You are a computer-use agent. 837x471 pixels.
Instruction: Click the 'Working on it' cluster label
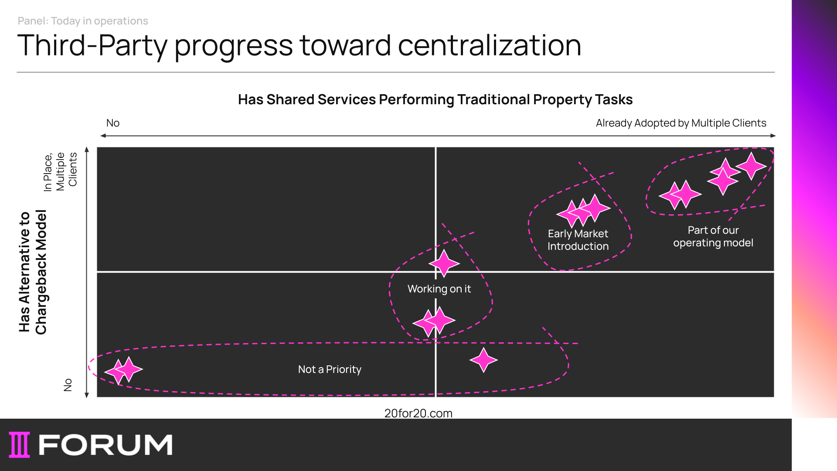(439, 289)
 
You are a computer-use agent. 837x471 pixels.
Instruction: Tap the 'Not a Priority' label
(330, 369)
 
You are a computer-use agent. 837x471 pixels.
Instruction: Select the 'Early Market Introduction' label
(578, 240)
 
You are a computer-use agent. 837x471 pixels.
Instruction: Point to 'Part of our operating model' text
(713, 236)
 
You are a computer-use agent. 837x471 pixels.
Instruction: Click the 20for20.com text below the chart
(418, 413)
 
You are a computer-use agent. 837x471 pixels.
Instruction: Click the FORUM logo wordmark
(105, 445)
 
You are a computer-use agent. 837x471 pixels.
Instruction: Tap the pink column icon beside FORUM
(20, 445)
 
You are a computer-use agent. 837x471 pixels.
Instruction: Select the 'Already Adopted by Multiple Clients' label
(681, 123)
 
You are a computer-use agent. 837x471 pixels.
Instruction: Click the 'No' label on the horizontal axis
(113, 123)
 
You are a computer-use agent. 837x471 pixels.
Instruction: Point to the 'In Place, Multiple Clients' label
(60, 171)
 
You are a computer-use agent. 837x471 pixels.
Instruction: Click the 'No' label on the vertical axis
(68, 385)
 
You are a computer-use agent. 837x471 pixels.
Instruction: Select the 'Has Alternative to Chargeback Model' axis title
(33, 272)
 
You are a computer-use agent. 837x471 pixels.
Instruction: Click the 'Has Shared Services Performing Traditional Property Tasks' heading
(435, 99)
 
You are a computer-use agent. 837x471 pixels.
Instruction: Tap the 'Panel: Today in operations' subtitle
(83, 21)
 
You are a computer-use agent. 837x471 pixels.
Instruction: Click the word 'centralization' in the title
(490, 45)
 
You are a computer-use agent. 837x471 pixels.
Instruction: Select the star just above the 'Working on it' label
(444, 263)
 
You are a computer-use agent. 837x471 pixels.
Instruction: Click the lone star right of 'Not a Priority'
(483, 360)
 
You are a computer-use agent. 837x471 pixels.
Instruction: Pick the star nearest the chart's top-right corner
(751, 166)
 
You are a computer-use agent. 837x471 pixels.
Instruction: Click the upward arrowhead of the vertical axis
(87, 149)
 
